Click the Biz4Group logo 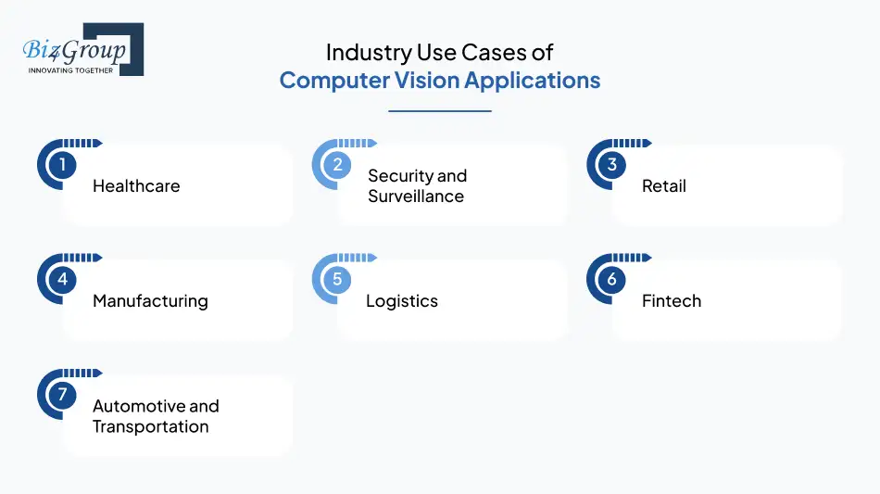(82, 48)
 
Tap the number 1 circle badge (62, 166)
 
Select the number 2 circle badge (337, 166)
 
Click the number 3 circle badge (611, 166)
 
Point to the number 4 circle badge (62, 280)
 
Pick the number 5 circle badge (337, 280)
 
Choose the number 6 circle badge (611, 280)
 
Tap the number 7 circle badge (62, 395)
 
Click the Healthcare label (136, 186)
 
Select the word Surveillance (416, 196)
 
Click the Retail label (664, 186)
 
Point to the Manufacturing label (150, 301)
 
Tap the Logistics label (402, 301)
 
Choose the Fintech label (672, 301)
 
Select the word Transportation (150, 427)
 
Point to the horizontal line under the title (439, 111)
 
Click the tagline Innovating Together (71, 70)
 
